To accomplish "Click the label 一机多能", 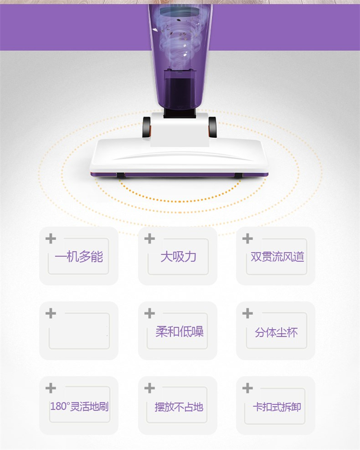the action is click(x=79, y=256).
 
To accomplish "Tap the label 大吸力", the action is click(x=178, y=256).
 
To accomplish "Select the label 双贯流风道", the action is click(x=277, y=256).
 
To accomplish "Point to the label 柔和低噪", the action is click(x=180, y=331).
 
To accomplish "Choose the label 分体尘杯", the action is click(x=276, y=332).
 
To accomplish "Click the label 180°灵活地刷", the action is click(x=80, y=406).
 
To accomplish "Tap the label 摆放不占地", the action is click(x=179, y=407).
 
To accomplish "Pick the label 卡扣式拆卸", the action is click(x=277, y=407).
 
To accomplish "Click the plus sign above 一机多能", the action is click(x=51, y=239).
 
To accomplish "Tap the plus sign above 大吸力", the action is click(x=149, y=239).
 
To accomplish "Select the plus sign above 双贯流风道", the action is click(x=248, y=239).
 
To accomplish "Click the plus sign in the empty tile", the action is click(x=51, y=313).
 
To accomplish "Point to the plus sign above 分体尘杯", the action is click(x=248, y=313).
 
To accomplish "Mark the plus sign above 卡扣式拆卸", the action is click(x=248, y=388).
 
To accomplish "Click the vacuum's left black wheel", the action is click(x=146, y=127).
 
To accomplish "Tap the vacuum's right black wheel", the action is click(x=212, y=127).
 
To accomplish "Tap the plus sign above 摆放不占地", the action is click(x=149, y=388).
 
